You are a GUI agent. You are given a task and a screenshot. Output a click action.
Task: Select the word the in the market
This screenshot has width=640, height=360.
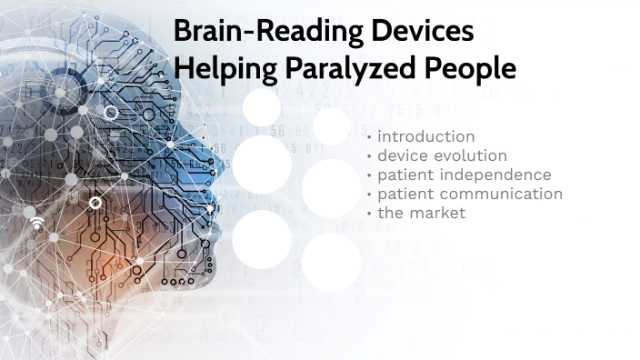click(x=390, y=213)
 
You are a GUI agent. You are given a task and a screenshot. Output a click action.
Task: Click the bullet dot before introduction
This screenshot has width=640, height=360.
click(x=369, y=137)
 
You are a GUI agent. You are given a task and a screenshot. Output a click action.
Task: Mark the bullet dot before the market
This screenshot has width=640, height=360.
click(x=369, y=214)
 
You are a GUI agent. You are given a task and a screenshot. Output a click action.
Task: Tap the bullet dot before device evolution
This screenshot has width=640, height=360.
click(x=369, y=156)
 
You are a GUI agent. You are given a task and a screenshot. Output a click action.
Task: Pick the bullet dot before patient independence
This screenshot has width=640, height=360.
click(x=369, y=175)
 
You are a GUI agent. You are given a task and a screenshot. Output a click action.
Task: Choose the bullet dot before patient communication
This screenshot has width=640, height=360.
click(x=369, y=195)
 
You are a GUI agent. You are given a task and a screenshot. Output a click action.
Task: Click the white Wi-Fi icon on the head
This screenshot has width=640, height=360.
click(x=37, y=223)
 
